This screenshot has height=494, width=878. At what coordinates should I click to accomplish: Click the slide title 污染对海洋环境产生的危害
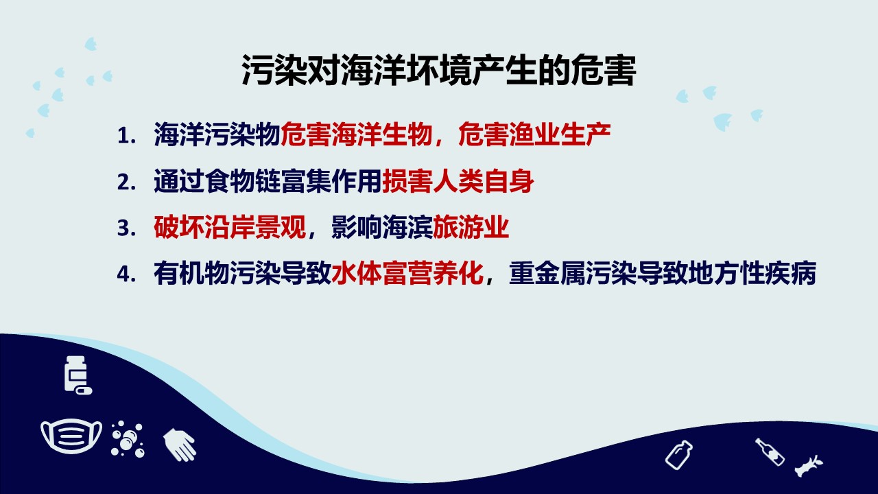438,71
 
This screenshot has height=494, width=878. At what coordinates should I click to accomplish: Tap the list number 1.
126,136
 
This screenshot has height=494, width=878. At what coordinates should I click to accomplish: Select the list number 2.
126,182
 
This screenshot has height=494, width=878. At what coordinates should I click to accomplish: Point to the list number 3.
126,228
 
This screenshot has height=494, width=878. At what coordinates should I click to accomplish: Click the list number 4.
126,274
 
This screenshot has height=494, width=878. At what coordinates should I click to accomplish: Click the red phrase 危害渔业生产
534,135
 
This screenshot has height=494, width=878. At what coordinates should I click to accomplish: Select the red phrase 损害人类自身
458,181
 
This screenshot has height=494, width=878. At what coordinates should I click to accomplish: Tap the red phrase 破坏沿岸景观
230,227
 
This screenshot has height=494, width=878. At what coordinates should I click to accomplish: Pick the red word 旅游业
471,227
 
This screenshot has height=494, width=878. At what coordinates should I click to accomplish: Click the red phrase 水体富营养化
407,273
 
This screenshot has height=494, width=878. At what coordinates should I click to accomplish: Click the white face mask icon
71,435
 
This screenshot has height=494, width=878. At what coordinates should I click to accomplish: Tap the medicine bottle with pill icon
78,375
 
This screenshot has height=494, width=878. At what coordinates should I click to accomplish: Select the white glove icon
180,445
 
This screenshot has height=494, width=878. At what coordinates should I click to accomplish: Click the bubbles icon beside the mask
128,439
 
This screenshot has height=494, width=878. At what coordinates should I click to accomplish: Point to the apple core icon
809,466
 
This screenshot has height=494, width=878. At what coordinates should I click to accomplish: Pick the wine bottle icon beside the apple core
770,451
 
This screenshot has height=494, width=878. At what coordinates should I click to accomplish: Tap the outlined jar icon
679,455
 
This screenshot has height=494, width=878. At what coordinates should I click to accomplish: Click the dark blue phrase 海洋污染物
217,135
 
